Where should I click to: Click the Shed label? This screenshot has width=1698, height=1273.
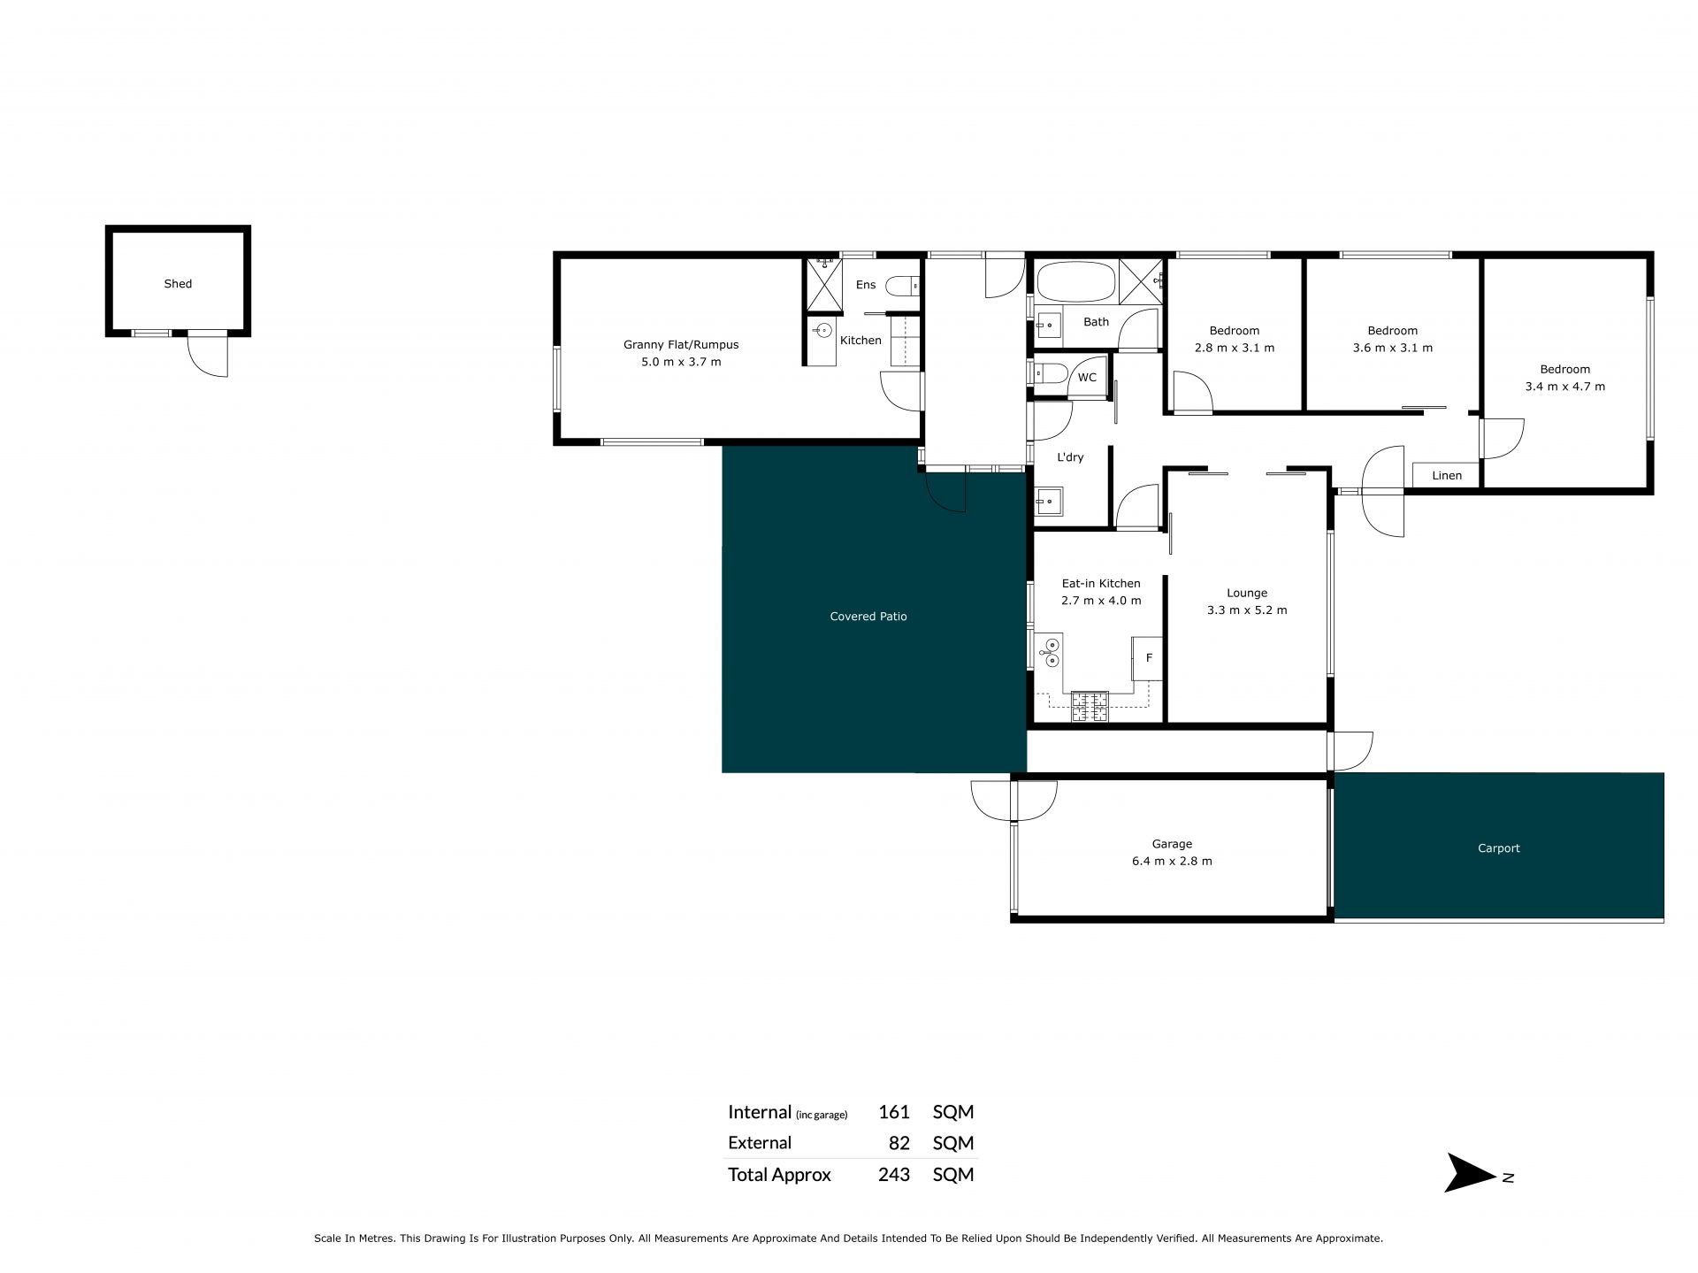coord(178,284)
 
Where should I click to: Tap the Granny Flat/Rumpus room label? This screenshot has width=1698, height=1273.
coord(681,345)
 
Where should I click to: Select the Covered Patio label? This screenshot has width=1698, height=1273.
coord(868,617)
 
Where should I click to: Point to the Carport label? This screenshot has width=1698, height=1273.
coord(1499,848)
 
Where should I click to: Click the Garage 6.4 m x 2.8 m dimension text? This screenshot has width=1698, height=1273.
coord(1172,861)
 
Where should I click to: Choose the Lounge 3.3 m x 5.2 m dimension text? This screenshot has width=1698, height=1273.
coord(1247,610)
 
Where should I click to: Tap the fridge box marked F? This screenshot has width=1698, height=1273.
coord(1148,658)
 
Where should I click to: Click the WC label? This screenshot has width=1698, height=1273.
coord(1087,378)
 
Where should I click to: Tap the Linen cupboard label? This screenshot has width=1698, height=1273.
coord(1447,476)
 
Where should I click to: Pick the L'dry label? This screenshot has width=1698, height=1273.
coord(1071,457)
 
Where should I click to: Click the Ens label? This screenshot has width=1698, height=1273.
coord(866,285)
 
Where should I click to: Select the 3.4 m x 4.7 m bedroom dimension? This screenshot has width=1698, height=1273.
coord(1565,387)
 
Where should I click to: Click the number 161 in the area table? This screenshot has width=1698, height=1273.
coord(894,1112)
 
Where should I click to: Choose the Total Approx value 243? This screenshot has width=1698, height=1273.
coord(894,1175)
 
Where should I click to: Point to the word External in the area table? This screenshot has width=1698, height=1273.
coord(760,1143)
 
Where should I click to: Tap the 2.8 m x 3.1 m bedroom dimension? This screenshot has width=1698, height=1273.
coord(1235,348)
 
